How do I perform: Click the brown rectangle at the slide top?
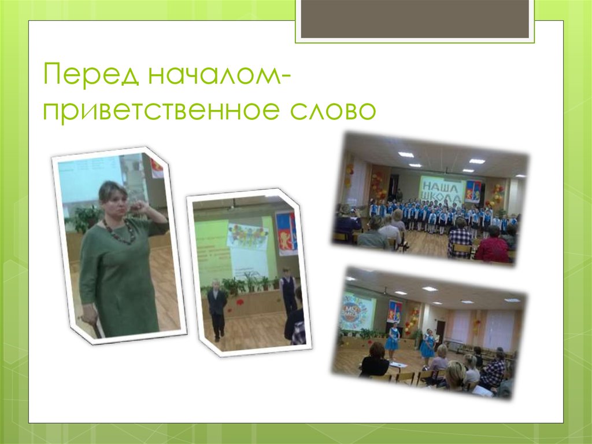click(x=415, y=19)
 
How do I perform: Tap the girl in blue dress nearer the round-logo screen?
click(x=393, y=342)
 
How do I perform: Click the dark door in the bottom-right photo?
click(x=441, y=330)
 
